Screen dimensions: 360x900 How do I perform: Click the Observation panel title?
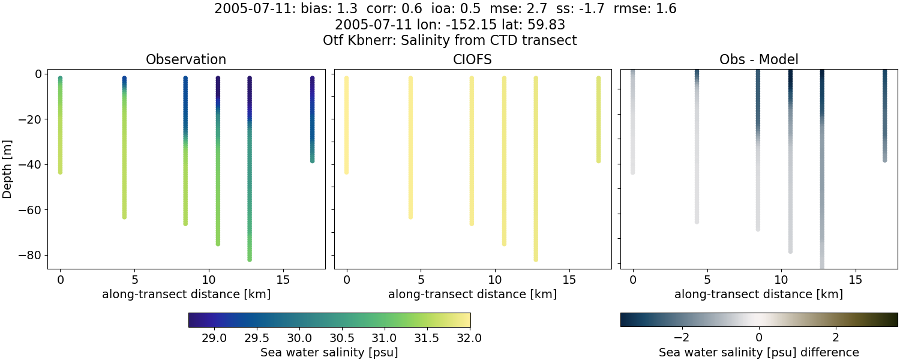pos(186,59)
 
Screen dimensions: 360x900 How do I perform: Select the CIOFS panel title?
pos(472,59)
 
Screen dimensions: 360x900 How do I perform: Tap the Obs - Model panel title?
pos(758,59)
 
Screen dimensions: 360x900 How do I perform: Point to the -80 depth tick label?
pos(30,255)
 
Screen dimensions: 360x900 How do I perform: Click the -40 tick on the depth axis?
pos(30,164)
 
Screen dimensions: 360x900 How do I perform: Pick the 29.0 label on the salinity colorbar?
pos(214,338)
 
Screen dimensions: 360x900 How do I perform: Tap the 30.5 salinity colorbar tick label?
pos(341,338)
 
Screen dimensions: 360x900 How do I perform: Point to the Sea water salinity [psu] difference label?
pos(758,352)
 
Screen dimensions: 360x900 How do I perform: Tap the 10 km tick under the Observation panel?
pos(209,280)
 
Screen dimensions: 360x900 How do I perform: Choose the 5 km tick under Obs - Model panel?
pos(707,280)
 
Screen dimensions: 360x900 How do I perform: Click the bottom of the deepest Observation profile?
pos(250,259)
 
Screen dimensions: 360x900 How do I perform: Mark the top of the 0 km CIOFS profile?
pos(346,79)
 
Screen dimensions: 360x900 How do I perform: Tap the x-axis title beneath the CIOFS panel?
pos(472,294)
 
